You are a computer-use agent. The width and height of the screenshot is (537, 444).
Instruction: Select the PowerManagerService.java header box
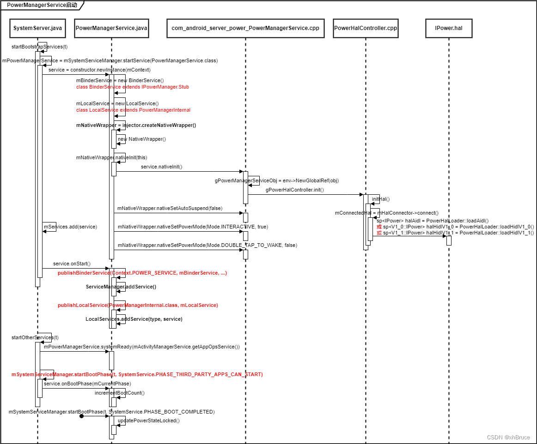click(111, 28)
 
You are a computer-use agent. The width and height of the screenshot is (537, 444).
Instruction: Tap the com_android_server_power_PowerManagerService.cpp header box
click(245, 28)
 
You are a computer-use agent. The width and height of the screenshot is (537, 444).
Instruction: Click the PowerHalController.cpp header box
click(366, 28)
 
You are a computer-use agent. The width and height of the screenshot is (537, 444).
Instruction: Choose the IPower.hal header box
click(448, 28)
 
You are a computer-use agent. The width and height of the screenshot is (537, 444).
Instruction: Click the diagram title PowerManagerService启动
click(42, 5)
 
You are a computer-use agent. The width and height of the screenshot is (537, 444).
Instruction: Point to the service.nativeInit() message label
click(161, 167)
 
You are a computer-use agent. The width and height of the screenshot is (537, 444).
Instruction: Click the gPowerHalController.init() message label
click(294, 190)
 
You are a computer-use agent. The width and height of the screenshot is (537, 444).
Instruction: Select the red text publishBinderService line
click(142, 273)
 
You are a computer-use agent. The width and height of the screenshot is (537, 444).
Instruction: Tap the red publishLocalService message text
click(138, 305)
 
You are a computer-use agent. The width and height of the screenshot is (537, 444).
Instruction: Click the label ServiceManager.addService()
click(121, 287)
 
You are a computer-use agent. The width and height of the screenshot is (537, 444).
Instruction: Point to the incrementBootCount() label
click(120, 393)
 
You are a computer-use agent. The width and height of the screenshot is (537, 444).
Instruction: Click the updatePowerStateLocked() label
click(148, 420)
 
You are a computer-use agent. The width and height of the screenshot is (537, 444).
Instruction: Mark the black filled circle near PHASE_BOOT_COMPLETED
click(81, 416)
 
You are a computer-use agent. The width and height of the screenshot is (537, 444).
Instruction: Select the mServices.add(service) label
click(70, 227)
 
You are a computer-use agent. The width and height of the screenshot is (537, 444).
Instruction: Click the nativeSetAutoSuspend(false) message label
click(170, 208)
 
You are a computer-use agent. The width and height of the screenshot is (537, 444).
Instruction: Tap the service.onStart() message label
click(72, 264)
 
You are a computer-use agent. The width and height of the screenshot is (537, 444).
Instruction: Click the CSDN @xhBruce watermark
click(508, 437)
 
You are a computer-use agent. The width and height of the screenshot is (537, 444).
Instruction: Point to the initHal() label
click(381, 199)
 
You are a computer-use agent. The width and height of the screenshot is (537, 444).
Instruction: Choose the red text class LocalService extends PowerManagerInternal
click(133, 110)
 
